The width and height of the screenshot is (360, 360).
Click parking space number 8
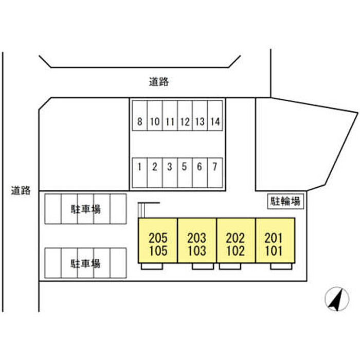click(139, 122)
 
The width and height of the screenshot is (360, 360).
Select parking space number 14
click(215, 122)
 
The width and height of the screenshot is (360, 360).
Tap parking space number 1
click(139, 167)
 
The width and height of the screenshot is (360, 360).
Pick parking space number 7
click(215, 167)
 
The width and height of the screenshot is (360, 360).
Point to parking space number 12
click(185, 122)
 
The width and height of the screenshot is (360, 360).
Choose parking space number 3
click(170, 167)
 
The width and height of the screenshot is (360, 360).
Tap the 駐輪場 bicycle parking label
click(286, 201)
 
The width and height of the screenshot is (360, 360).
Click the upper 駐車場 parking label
click(85, 209)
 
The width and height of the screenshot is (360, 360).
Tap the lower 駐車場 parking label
click(85, 264)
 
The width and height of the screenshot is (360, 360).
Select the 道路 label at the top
click(159, 81)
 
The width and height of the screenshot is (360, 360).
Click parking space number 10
click(155, 122)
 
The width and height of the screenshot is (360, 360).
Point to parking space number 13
click(200, 122)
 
